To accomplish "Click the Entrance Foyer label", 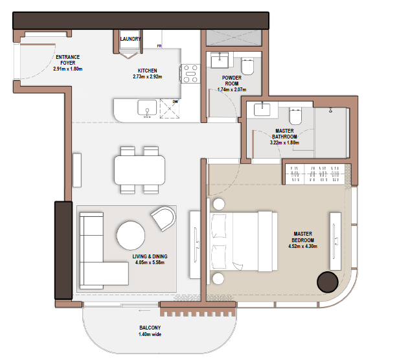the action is (67, 60).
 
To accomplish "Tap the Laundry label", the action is (130, 39).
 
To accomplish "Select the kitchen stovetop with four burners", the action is (190, 74).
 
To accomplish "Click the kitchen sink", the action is (147, 108).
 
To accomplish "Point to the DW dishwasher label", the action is (176, 102).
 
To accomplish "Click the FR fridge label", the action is (159, 46).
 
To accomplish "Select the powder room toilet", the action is (247, 67).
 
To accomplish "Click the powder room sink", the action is (220, 60).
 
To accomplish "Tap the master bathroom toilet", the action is (295, 116).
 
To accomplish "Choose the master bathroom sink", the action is (262, 109).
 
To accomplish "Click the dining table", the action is (139, 170).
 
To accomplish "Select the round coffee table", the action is (131, 235).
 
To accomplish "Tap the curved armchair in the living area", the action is (163, 218).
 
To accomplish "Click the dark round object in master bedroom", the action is (328, 282).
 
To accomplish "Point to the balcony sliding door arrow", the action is (144, 310).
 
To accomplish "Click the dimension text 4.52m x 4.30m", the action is (303, 246).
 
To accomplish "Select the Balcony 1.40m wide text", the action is (150, 331).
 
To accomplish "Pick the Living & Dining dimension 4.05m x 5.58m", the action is (150, 263).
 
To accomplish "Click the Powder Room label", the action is (232, 81).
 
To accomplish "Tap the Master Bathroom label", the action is (284, 133).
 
